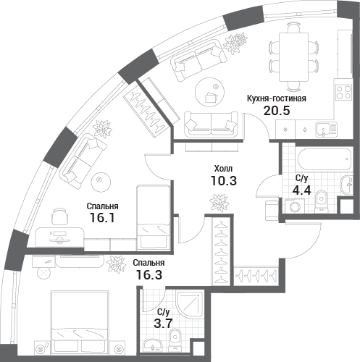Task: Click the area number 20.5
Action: pos(277,111)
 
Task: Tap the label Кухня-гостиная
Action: pos(277,98)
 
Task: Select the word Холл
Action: pos(223,169)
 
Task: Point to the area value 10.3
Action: pos(224,180)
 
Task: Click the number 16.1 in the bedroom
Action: pos(101,218)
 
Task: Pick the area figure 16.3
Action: pos(149,274)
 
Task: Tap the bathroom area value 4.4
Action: pos(301,190)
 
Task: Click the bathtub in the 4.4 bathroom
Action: pos(324,159)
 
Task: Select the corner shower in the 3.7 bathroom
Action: pos(190,305)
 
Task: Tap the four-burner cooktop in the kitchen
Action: pos(343,92)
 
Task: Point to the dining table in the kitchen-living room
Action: pos(293,57)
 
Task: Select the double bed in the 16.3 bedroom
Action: pos(79,323)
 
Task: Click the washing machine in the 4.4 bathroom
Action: pos(295,206)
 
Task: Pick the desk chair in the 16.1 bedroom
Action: pos(59,216)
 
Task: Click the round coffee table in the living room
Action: pos(210,92)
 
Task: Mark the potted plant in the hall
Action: pos(219,203)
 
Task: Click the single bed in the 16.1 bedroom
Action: pos(153,217)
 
